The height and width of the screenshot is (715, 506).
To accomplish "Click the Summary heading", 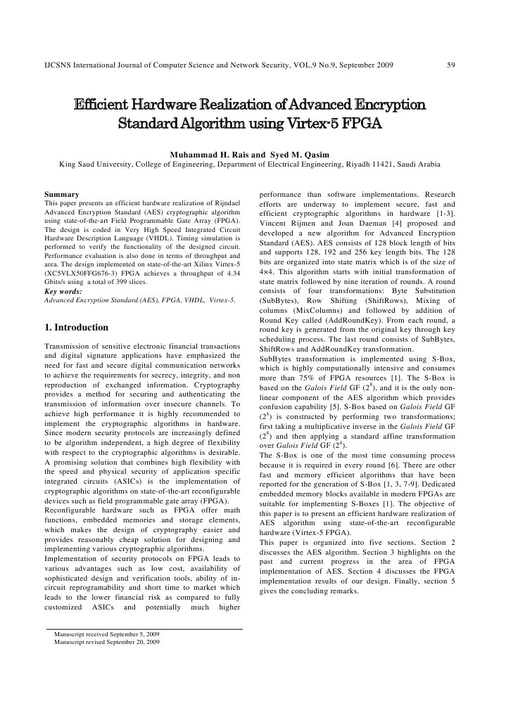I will pyautogui.click(x=61, y=193).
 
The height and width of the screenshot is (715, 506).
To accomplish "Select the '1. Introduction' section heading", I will pyautogui.click(x=77, y=327).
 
